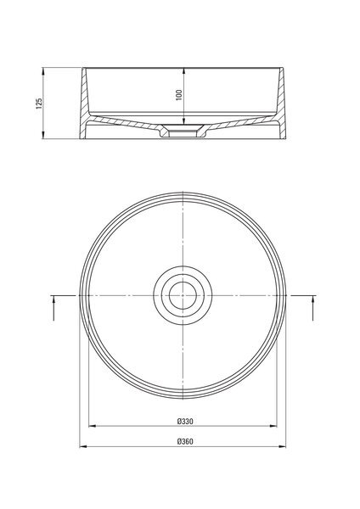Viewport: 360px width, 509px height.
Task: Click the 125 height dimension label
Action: click(39, 103)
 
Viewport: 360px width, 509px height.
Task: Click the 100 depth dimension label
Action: click(179, 95)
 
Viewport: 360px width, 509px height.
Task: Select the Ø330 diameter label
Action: click(185, 422)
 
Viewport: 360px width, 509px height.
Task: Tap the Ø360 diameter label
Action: click(185, 441)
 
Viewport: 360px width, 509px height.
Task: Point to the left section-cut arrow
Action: click(53, 308)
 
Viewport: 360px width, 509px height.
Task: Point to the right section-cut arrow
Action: click(313, 308)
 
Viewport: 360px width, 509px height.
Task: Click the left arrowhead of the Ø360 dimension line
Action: click(83, 447)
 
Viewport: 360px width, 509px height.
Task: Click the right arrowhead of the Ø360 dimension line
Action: click(283, 447)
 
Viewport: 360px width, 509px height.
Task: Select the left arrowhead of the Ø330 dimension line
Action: click(92, 426)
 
